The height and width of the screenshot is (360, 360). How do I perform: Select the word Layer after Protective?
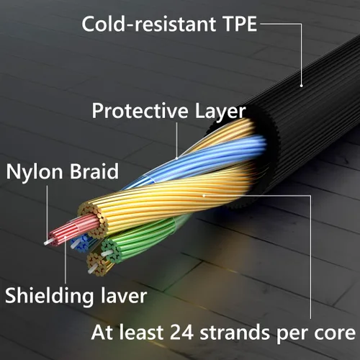pos(220,112)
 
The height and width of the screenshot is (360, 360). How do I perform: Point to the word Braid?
pos(94,171)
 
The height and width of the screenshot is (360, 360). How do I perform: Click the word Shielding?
pos(49,297)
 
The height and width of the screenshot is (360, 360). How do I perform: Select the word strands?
pos(235,332)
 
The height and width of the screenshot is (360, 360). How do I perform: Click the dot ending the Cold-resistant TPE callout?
pos(302,85)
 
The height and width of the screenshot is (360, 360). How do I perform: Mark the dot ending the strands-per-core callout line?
pos(204,196)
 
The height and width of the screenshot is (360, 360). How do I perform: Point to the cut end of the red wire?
pos(53,239)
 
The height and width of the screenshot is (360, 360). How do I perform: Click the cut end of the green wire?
pos(111,251)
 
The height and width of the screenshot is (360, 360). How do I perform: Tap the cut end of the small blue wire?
pos(81,245)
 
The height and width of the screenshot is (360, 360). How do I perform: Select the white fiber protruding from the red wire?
pos(48,242)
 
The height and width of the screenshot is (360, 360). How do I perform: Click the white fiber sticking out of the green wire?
pos(107,253)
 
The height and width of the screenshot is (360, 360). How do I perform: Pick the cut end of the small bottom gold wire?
pos(97,264)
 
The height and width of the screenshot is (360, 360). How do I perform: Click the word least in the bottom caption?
pos(142,332)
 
